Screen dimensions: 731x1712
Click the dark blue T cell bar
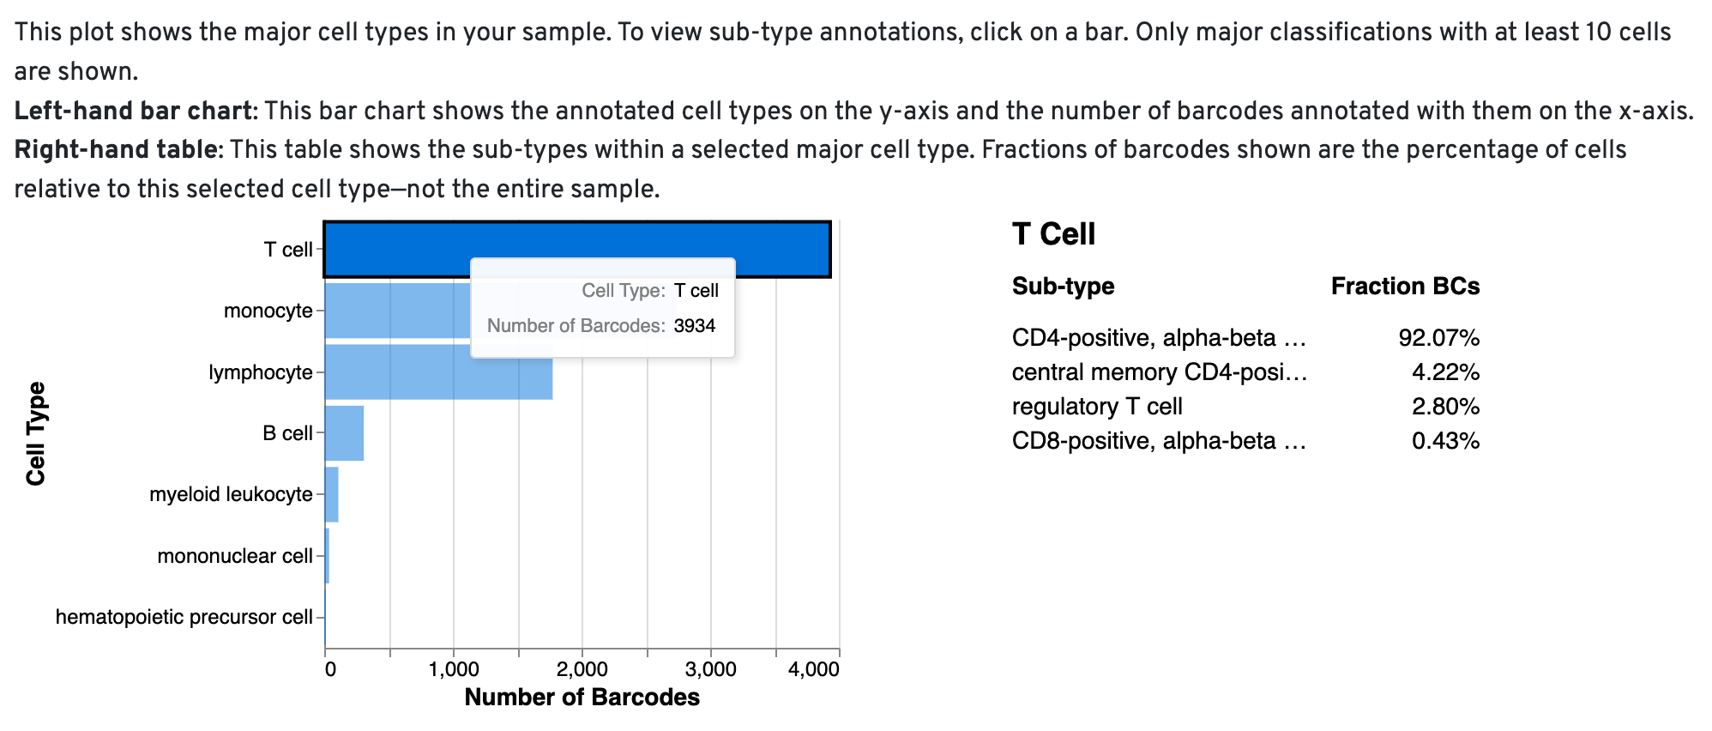pos(395,249)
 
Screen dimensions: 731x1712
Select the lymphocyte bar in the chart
pos(437,372)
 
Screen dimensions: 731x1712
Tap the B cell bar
pos(344,433)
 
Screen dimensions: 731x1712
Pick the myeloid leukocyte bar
pos(331,494)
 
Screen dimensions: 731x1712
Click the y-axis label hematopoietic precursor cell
pos(184,617)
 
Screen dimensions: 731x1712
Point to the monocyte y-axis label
pos(268,311)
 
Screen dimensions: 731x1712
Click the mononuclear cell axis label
pos(234,556)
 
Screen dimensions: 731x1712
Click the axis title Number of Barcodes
pos(582,698)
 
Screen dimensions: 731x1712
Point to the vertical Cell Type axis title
pos(36,433)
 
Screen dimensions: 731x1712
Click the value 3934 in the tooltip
pos(694,326)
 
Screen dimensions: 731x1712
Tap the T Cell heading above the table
pos(1053,233)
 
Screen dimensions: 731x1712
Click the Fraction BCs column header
pos(1405,287)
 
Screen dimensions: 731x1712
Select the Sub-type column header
pos(1063,287)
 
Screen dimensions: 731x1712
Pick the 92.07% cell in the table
pos(1438,338)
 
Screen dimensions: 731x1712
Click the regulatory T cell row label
pos(1097,407)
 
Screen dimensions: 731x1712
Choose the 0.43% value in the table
pos(1445,441)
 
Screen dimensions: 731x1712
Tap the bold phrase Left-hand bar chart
pos(134,111)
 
